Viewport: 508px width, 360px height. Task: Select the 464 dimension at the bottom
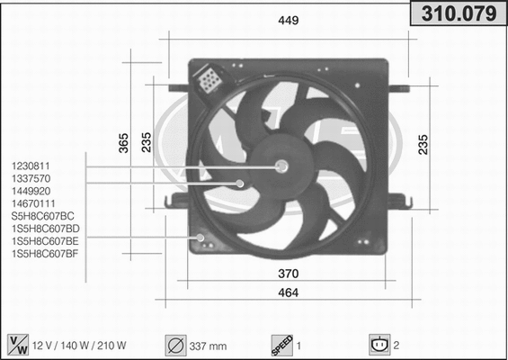pos(289,293)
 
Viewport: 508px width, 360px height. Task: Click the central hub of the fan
pos(281,166)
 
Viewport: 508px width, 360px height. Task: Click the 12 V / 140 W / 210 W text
pos(80,345)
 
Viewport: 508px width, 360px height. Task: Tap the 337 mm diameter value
pos(209,345)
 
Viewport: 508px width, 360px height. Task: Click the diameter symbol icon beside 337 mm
pos(174,344)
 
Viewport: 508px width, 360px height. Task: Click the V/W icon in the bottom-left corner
pos(17,344)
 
